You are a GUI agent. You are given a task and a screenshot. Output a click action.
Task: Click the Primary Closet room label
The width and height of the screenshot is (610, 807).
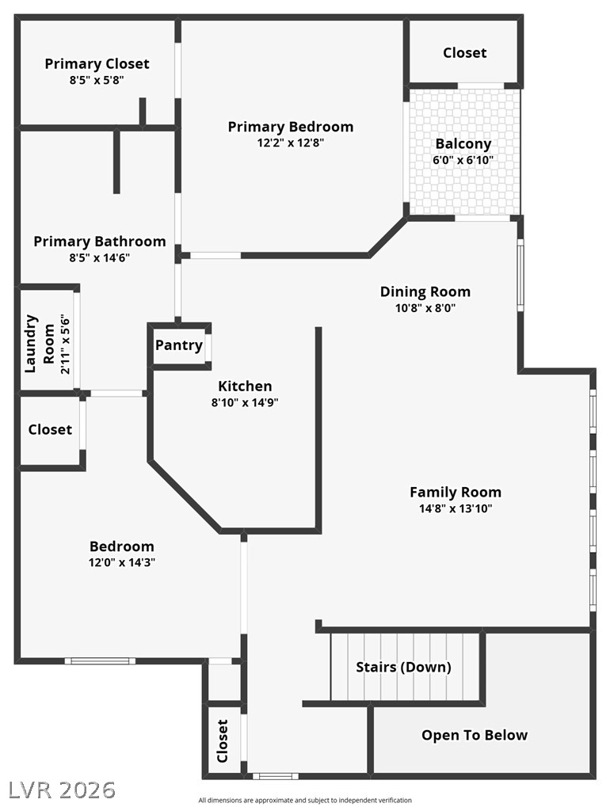97,64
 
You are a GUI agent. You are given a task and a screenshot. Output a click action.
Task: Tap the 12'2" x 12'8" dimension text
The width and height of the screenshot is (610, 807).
290,143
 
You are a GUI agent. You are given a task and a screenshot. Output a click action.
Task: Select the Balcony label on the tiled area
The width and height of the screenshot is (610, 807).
463,144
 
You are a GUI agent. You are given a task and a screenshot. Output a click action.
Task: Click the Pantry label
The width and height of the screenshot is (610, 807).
178,345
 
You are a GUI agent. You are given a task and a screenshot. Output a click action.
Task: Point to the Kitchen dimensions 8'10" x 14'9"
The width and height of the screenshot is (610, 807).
245,402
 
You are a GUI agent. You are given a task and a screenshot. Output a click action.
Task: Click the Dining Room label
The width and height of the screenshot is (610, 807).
425,291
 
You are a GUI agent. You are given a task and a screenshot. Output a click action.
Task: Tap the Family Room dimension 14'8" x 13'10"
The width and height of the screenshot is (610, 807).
455,508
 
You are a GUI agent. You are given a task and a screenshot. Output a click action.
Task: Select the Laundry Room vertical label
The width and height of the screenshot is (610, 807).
40,344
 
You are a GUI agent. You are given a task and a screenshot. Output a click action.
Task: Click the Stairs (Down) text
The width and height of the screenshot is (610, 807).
403,667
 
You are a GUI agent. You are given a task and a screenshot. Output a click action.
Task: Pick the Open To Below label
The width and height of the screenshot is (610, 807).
474,735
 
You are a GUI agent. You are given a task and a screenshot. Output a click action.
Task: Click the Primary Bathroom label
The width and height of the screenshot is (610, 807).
100,242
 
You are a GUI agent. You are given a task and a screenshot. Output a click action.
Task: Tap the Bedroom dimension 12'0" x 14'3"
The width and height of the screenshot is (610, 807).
121,563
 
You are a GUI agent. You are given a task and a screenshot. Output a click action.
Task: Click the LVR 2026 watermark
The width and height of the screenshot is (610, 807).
62,789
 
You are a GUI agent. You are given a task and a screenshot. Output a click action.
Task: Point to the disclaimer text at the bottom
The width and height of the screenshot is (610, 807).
305,800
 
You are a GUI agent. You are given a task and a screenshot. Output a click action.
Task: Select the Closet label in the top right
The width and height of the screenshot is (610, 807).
464,52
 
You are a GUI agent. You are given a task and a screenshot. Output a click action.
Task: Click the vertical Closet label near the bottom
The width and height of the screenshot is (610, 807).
223,741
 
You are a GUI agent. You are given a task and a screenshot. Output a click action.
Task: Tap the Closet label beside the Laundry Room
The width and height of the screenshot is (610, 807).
50,429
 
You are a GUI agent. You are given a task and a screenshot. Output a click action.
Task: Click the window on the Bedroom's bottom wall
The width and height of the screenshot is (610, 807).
100,660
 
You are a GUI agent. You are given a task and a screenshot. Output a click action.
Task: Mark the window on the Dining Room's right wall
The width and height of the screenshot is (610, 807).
520,276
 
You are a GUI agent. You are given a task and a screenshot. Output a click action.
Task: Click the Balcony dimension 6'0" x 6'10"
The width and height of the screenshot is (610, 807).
463,159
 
